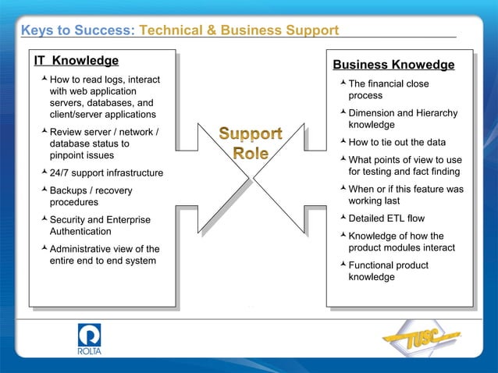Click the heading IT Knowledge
point(76,61)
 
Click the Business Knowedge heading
point(393,65)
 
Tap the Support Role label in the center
point(250,144)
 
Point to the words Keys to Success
point(77,30)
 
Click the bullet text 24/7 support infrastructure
point(106,172)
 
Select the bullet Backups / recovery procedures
point(91,196)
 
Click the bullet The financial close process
point(388,89)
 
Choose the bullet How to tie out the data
point(397,142)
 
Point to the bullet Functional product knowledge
point(388,271)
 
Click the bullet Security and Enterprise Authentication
point(100,226)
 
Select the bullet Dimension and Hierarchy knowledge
point(403,119)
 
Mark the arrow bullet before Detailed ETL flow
point(342,217)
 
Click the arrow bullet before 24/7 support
point(44,172)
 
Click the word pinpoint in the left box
point(69,155)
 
